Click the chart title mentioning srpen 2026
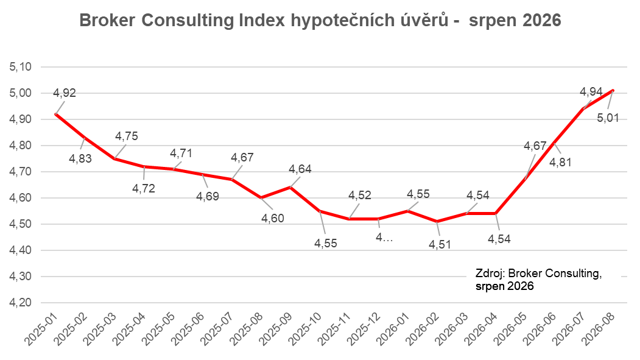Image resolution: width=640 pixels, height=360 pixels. [320, 21]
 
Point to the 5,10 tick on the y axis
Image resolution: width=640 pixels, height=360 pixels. [21, 67]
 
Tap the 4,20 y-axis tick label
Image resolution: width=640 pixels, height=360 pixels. [21, 303]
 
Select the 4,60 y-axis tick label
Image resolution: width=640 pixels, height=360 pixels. [21, 198]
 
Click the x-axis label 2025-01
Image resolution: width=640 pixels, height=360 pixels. [41, 330]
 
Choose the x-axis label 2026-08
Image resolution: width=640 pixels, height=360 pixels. [599, 330]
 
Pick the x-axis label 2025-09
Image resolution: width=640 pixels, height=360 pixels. [275, 330]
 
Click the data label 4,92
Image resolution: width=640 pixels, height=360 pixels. [65, 93]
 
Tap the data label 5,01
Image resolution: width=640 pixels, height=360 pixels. [608, 118]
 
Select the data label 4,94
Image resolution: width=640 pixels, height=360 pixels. [591, 92]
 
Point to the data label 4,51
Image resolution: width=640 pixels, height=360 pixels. [440, 244]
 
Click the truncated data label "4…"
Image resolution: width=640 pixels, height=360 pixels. [384, 238]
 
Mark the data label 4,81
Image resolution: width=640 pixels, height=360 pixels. [560, 163]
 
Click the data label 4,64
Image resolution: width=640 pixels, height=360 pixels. [300, 169]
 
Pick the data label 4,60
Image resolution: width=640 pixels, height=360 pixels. [273, 218]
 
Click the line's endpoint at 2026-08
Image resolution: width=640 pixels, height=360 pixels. [613, 91]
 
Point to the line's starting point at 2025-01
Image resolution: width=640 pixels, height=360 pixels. [56, 115]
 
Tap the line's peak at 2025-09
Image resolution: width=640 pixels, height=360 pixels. [290, 188]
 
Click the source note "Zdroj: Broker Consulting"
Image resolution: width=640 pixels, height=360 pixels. [538, 274]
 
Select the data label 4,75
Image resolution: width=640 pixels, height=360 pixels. [127, 136]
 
